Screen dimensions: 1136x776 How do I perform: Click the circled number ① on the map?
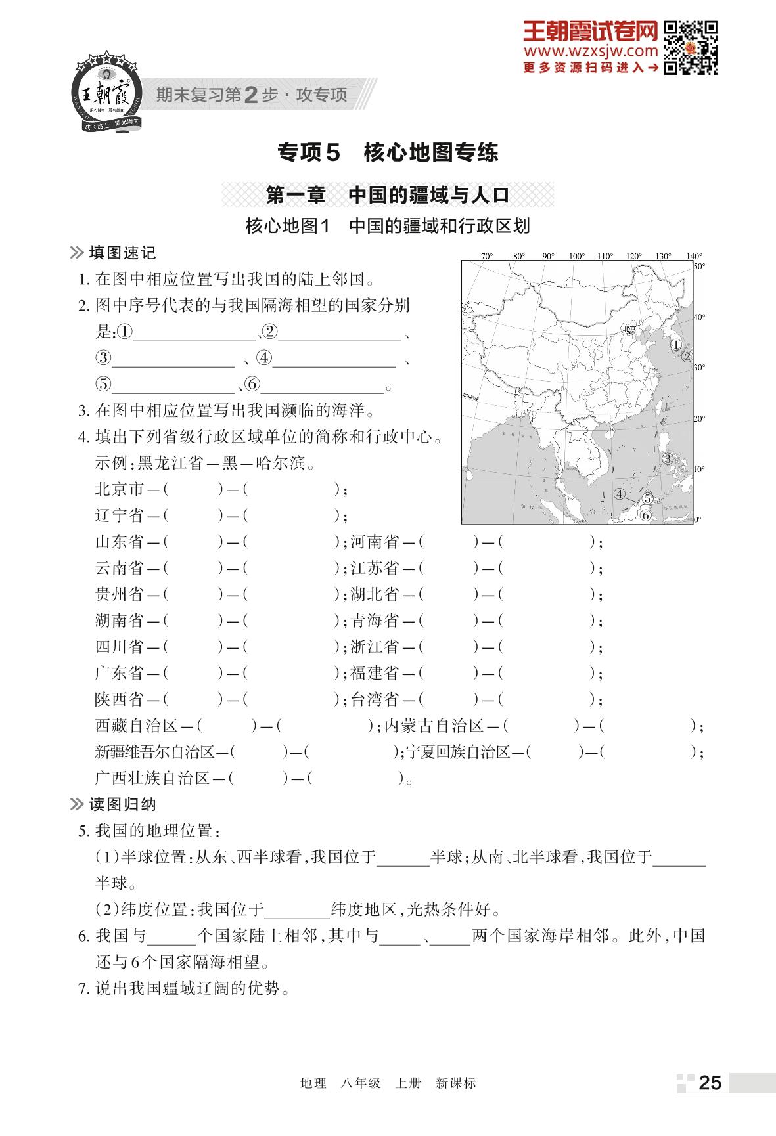click(675, 344)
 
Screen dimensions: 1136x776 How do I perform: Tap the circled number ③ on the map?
click(668, 458)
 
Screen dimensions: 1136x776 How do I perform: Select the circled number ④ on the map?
click(619, 494)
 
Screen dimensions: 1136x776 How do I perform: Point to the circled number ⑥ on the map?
click(646, 515)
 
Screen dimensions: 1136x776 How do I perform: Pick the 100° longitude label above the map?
click(576, 256)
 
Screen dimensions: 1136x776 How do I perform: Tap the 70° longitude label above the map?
click(487, 256)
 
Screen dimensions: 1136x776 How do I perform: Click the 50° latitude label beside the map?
click(699, 266)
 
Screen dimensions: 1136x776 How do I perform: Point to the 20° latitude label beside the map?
click(699, 418)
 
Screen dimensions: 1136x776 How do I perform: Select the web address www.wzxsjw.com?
click(590, 51)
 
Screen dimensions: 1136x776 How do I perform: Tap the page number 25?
click(710, 1082)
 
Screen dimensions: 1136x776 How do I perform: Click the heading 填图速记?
click(122, 253)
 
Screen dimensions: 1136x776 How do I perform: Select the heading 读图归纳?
click(122, 804)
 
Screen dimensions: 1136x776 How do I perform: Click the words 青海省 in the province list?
click(375, 621)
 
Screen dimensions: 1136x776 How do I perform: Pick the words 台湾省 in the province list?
click(375, 699)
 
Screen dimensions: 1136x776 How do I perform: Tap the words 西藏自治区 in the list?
click(136, 726)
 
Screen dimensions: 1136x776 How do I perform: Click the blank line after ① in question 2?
click(194, 334)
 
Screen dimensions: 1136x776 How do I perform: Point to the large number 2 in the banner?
click(250, 96)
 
